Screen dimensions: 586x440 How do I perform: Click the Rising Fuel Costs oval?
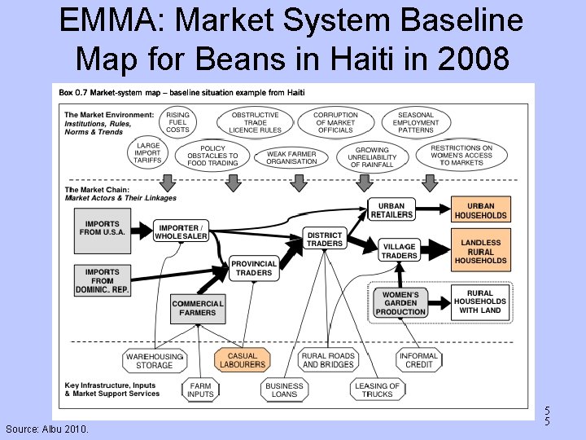(x=177, y=122)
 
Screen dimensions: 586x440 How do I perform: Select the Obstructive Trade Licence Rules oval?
(x=255, y=122)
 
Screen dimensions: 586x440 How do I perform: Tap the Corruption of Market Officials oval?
(x=335, y=122)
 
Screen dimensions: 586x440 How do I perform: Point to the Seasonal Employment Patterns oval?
(x=416, y=122)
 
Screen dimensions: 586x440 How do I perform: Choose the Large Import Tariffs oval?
(x=148, y=153)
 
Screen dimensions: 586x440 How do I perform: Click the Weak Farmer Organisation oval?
(x=291, y=157)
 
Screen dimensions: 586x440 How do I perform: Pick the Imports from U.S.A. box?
(x=101, y=228)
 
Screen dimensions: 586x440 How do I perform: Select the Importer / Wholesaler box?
(x=181, y=231)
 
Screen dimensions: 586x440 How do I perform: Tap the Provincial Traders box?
(x=254, y=268)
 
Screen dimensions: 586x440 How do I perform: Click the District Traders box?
(x=325, y=239)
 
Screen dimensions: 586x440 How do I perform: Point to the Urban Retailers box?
(x=391, y=209)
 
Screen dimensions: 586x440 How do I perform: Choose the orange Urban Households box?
(x=480, y=209)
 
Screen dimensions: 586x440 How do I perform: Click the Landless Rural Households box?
(x=480, y=251)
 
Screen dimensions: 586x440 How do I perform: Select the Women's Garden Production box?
(x=400, y=302)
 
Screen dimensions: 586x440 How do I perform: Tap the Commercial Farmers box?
(x=197, y=308)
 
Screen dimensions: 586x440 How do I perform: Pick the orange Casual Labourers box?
(x=242, y=360)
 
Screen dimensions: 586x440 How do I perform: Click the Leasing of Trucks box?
(x=377, y=390)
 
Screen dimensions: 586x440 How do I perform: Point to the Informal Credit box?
(x=418, y=360)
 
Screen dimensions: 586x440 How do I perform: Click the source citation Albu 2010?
(x=48, y=429)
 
